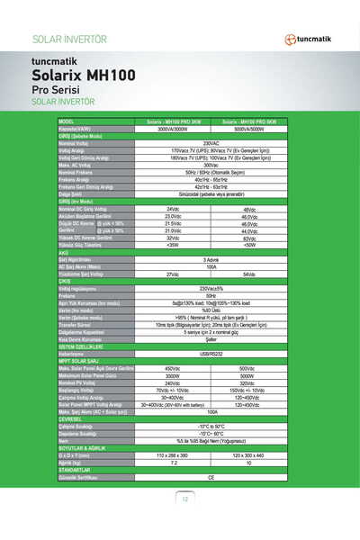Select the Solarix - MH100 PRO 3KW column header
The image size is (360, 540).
(x=174, y=121)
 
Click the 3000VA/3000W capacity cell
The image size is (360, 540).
(x=174, y=128)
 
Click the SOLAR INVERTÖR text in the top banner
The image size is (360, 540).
(x=69, y=40)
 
